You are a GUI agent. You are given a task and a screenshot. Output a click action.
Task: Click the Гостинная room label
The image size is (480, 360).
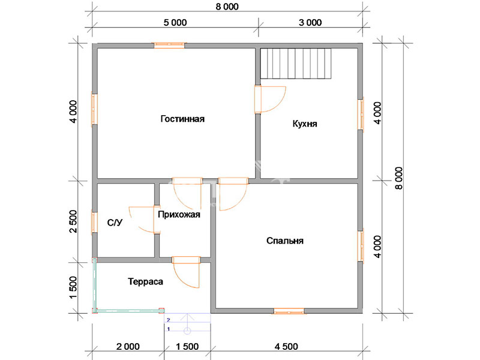(x=182, y=119)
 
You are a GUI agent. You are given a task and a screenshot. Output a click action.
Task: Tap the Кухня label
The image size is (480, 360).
(x=305, y=124)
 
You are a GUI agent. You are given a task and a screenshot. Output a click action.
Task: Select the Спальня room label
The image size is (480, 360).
(x=284, y=241)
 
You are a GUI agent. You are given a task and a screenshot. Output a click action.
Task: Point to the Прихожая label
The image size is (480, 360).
(x=179, y=214)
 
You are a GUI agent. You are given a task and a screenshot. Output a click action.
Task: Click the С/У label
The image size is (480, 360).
(x=115, y=223)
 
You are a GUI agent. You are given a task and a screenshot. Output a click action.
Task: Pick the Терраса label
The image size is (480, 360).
(x=145, y=281)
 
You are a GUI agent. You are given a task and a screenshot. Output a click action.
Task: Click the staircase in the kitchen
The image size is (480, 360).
(x=296, y=64)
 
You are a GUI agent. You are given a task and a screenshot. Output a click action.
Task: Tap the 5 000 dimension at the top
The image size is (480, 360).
(x=175, y=23)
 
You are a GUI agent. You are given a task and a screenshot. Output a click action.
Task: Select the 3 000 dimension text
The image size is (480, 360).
(x=310, y=23)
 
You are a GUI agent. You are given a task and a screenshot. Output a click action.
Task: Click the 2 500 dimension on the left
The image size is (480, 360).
(x=74, y=221)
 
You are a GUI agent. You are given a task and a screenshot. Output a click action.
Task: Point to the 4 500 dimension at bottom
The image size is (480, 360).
(x=286, y=347)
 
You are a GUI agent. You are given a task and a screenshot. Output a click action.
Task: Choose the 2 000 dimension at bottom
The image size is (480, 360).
(x=128, y=347)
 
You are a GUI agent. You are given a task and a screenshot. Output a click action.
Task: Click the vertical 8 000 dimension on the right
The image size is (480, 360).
(x=399, y=178)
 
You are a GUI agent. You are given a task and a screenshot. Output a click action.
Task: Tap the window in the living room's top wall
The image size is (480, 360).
(x=169, y=46)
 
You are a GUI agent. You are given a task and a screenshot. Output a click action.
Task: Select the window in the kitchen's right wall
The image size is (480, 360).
(x=361, y=115)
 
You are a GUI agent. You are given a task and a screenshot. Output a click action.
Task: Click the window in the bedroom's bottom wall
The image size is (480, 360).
(x=289, y=311)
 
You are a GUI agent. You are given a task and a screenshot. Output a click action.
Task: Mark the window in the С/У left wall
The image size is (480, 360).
(x=95, y=223)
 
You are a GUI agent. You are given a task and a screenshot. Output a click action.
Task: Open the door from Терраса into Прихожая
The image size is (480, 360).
(x=186, y=272)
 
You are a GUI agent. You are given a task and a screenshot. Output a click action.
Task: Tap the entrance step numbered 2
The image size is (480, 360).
(x=187, y=318)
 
